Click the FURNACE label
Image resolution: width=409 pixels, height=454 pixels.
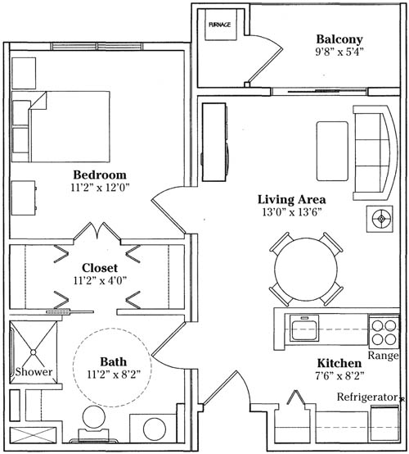pyautogui.click(x=220, y=25)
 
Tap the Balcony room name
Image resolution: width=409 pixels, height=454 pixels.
pyautogui.click(x=339, y=39)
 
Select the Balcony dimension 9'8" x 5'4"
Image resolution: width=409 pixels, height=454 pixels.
pyautogui.click(x=339, y=52)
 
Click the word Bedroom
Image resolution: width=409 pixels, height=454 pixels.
pyautogui.click(x=100, y=175)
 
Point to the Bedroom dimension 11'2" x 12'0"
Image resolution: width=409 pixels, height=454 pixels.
pyautogui.click(x=100, y=188)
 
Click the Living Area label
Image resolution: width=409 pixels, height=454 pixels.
pyautogui.click(x=292, y=199)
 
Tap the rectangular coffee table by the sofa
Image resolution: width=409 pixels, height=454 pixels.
pyautogui.click(x=332, y=151)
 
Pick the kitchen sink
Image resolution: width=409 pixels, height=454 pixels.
pyautogui.click(x=304, y=328)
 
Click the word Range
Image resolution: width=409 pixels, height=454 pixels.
pyautogui.click(x=383, y=355)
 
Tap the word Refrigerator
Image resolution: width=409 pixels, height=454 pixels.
pyautogui.click(x=367, y=397)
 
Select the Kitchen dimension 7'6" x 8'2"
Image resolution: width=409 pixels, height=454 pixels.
pyautogui.click(x=339, y=376)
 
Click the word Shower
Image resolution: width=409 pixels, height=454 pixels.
pyautogui.click(x=34, y=372)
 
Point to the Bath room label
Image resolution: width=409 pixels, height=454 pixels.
pyautogui.click(x=114, y=361)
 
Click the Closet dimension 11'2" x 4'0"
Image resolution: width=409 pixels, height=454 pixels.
pyautogui.click(x=100, y=280)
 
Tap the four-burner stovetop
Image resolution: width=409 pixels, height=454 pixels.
pyautogui.click(x=384, y=332)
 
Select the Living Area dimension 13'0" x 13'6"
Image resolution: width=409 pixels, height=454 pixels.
pyautogui.click(x=292, y=212)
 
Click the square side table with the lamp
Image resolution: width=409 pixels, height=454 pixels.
pyautogui.click(x=380, y=219)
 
